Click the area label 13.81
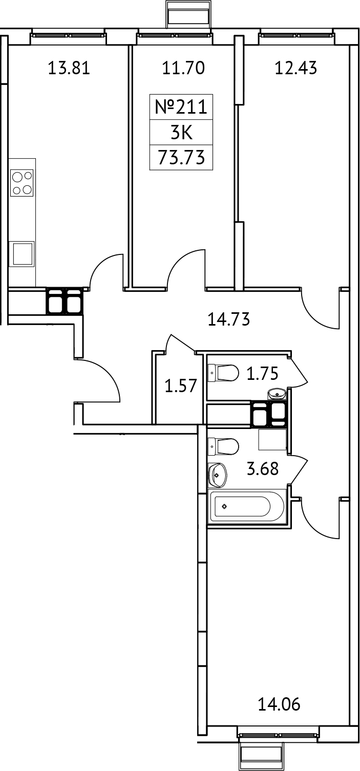(69, 68)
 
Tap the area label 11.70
(183, 68)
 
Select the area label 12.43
(295, 68)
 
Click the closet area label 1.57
(180, 385)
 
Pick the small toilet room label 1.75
(262, 374)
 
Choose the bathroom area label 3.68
(263, 468)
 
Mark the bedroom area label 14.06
(279, 705)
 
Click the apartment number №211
(181, 108)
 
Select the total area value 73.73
(181, 158)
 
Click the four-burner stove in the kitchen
(22, 183)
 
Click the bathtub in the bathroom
(247, 507)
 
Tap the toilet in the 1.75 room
(223, 373)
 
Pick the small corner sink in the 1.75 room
(277, 394)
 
